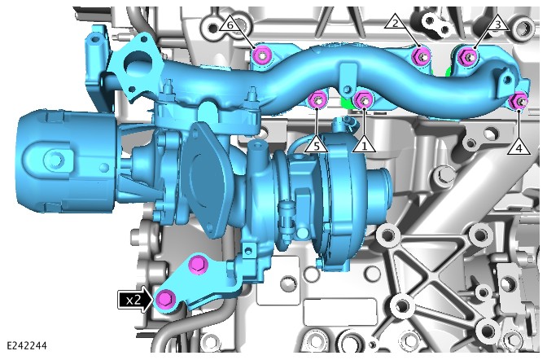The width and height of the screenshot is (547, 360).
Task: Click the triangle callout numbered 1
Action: (364, 145)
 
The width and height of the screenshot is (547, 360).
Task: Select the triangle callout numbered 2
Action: (396, 22)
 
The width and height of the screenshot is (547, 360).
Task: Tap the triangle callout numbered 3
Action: (498, 24)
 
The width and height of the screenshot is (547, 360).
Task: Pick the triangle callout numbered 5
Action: (316, 145)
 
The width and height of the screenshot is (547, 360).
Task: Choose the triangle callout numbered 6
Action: (230, 24)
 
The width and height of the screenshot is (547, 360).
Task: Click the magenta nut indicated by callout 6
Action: (262, 55)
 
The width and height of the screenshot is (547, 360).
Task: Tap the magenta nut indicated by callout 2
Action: (422, 56)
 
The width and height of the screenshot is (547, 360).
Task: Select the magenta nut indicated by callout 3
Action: (467, 56)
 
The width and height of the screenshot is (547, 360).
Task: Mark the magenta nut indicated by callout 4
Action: (519, 101)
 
